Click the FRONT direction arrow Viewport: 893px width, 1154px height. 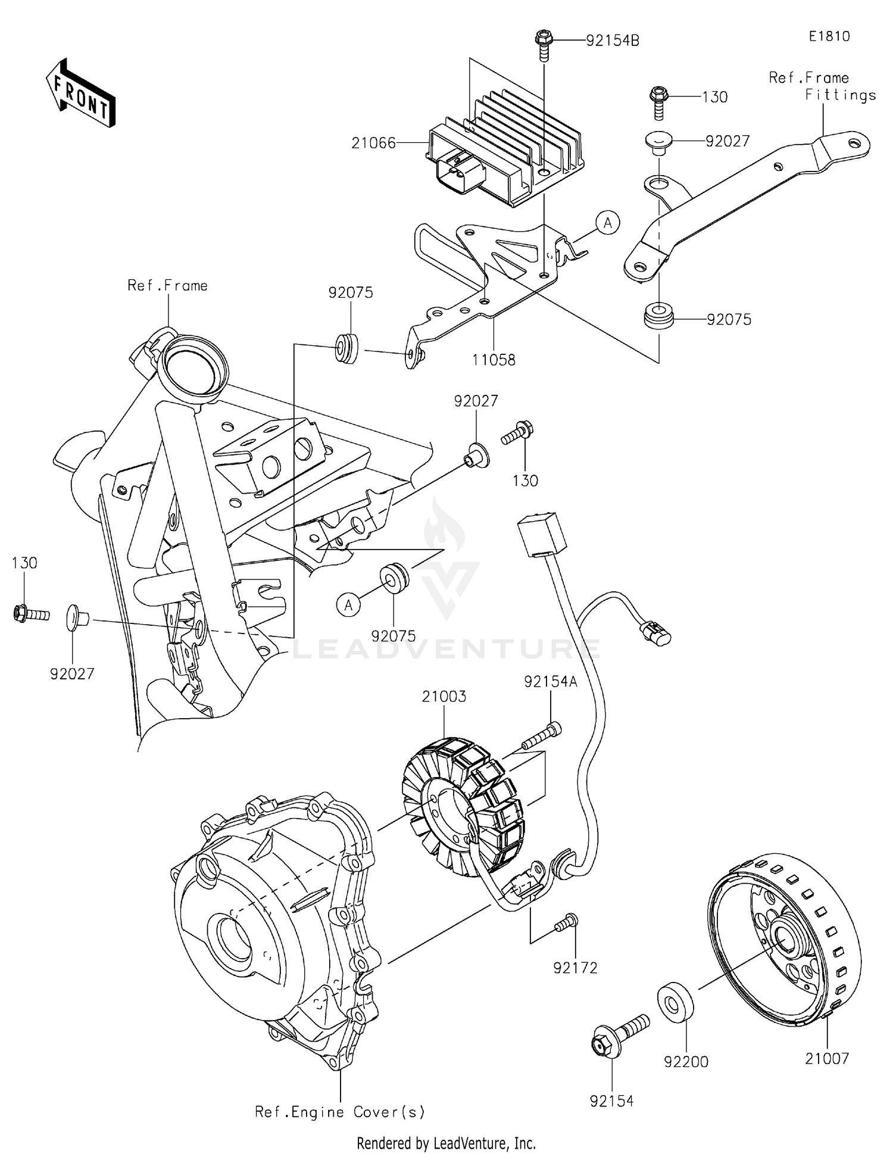[81, 93]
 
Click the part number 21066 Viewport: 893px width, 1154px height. [373, 143]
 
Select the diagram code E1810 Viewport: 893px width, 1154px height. [829, 36]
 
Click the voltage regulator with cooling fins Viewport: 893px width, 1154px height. [506, 152]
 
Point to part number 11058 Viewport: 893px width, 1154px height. [494, 360]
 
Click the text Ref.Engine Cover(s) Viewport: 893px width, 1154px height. [340, 1112]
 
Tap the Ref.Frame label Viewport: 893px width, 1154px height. [167, 286]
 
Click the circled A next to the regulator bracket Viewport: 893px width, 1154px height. [608, 223]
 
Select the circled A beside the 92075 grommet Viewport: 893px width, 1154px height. [349, 605]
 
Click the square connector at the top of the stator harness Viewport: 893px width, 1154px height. [542, 534]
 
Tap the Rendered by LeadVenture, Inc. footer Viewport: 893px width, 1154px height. [446, 1143]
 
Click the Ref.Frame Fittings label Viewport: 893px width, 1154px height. [822, 86]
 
